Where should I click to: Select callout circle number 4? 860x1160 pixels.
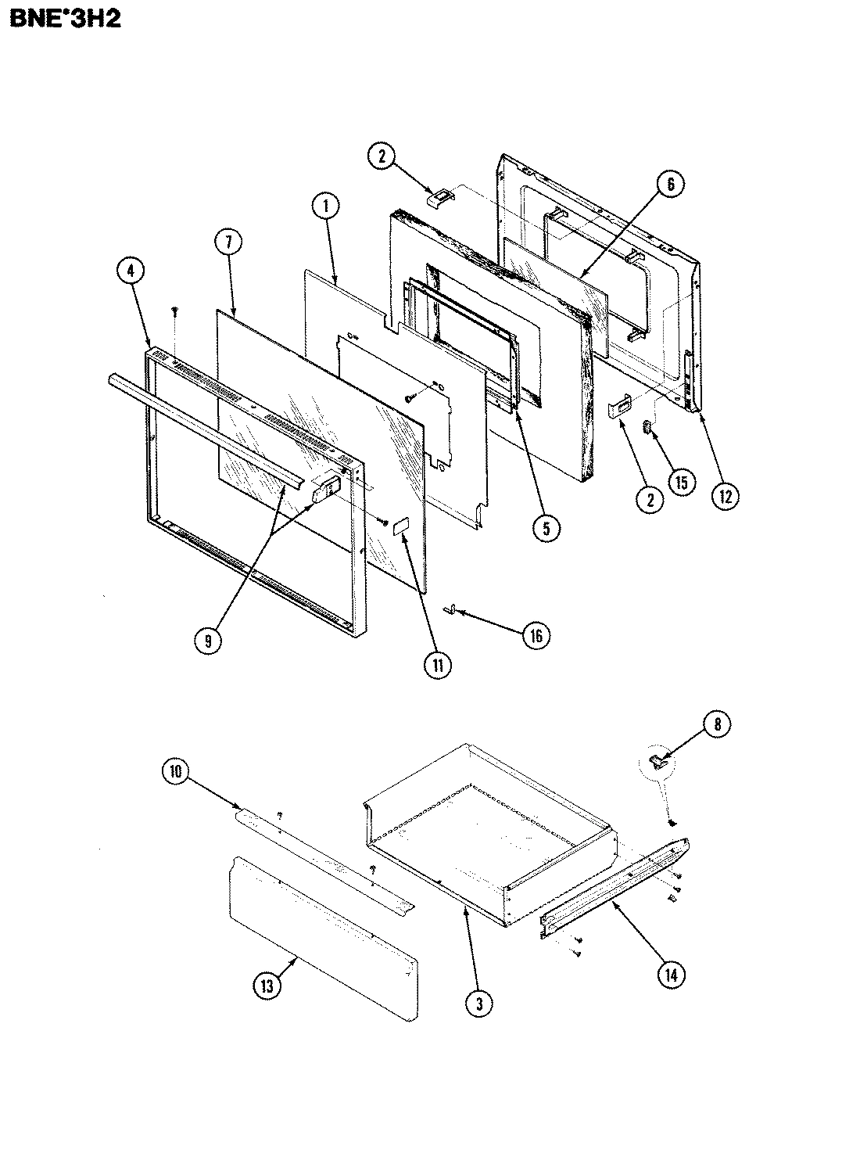[x=131, y=271]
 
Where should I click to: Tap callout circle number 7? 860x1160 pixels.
[x=228, y=243]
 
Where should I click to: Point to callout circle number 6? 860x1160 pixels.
[x=669, y=185]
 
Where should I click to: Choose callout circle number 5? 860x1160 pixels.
[x=545, y=528]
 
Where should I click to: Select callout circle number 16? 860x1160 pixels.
[x=535, y=635]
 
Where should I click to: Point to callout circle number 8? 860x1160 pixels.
[x=717, y=724]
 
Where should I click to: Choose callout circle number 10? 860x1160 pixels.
[x=175, y=772]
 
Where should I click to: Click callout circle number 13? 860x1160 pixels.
[x=268, y=986]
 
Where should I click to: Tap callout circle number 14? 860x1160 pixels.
[x=670, y=974]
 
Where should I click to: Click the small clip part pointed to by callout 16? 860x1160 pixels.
[x=451, y=609]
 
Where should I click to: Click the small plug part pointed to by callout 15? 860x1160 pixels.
[x=647, y=426]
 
